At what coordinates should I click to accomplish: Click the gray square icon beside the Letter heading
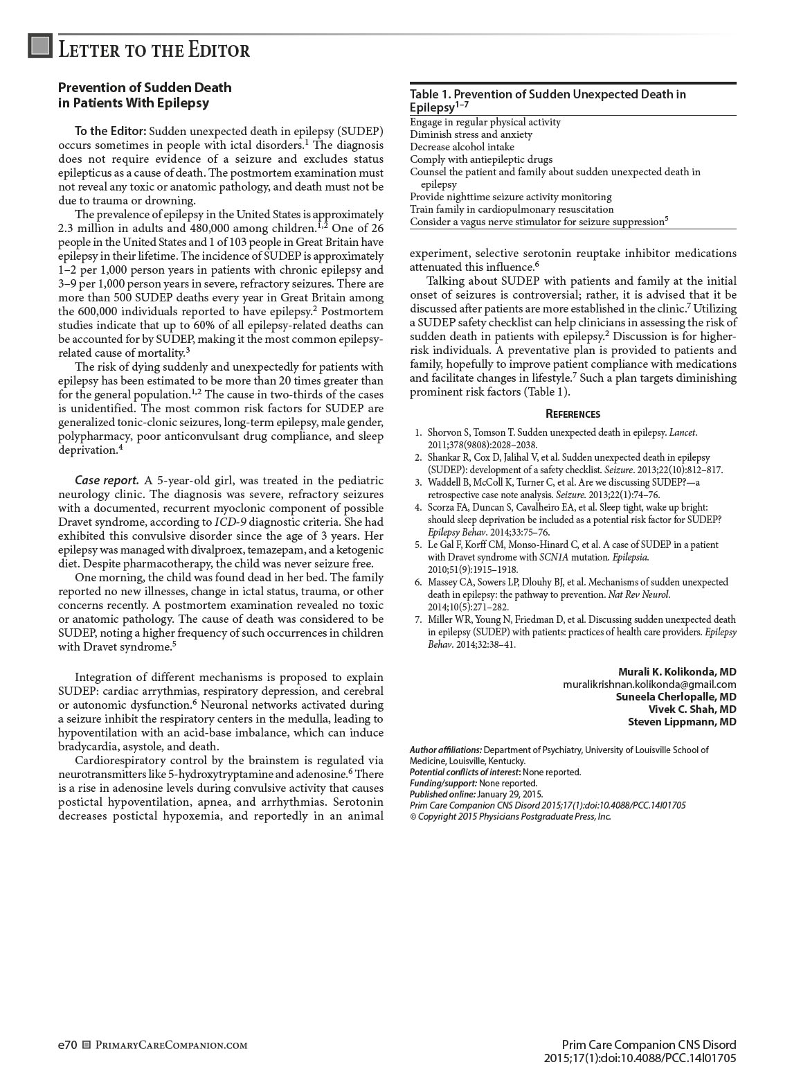(40, 46)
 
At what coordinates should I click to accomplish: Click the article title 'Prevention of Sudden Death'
(145, 87)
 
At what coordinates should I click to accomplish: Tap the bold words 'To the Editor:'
(110, 131)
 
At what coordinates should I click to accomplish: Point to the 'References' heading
(573, 414)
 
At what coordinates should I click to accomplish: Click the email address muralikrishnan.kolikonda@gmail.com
(649, 685)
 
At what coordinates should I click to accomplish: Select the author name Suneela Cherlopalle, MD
(676, 697)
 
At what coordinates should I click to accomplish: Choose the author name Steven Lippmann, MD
(682, 722)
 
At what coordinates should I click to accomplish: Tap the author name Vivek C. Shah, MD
(692, 709)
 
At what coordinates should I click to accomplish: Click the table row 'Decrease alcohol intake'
(462, 147)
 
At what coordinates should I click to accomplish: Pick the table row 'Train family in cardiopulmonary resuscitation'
(512, 209)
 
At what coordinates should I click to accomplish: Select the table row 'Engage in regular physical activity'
(485, 122)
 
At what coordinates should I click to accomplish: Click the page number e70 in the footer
(67, 1045)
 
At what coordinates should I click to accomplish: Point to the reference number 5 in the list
(418, 545)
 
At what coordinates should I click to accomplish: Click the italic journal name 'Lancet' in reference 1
(682, 433)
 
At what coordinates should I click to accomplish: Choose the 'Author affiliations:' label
(445, 750)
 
